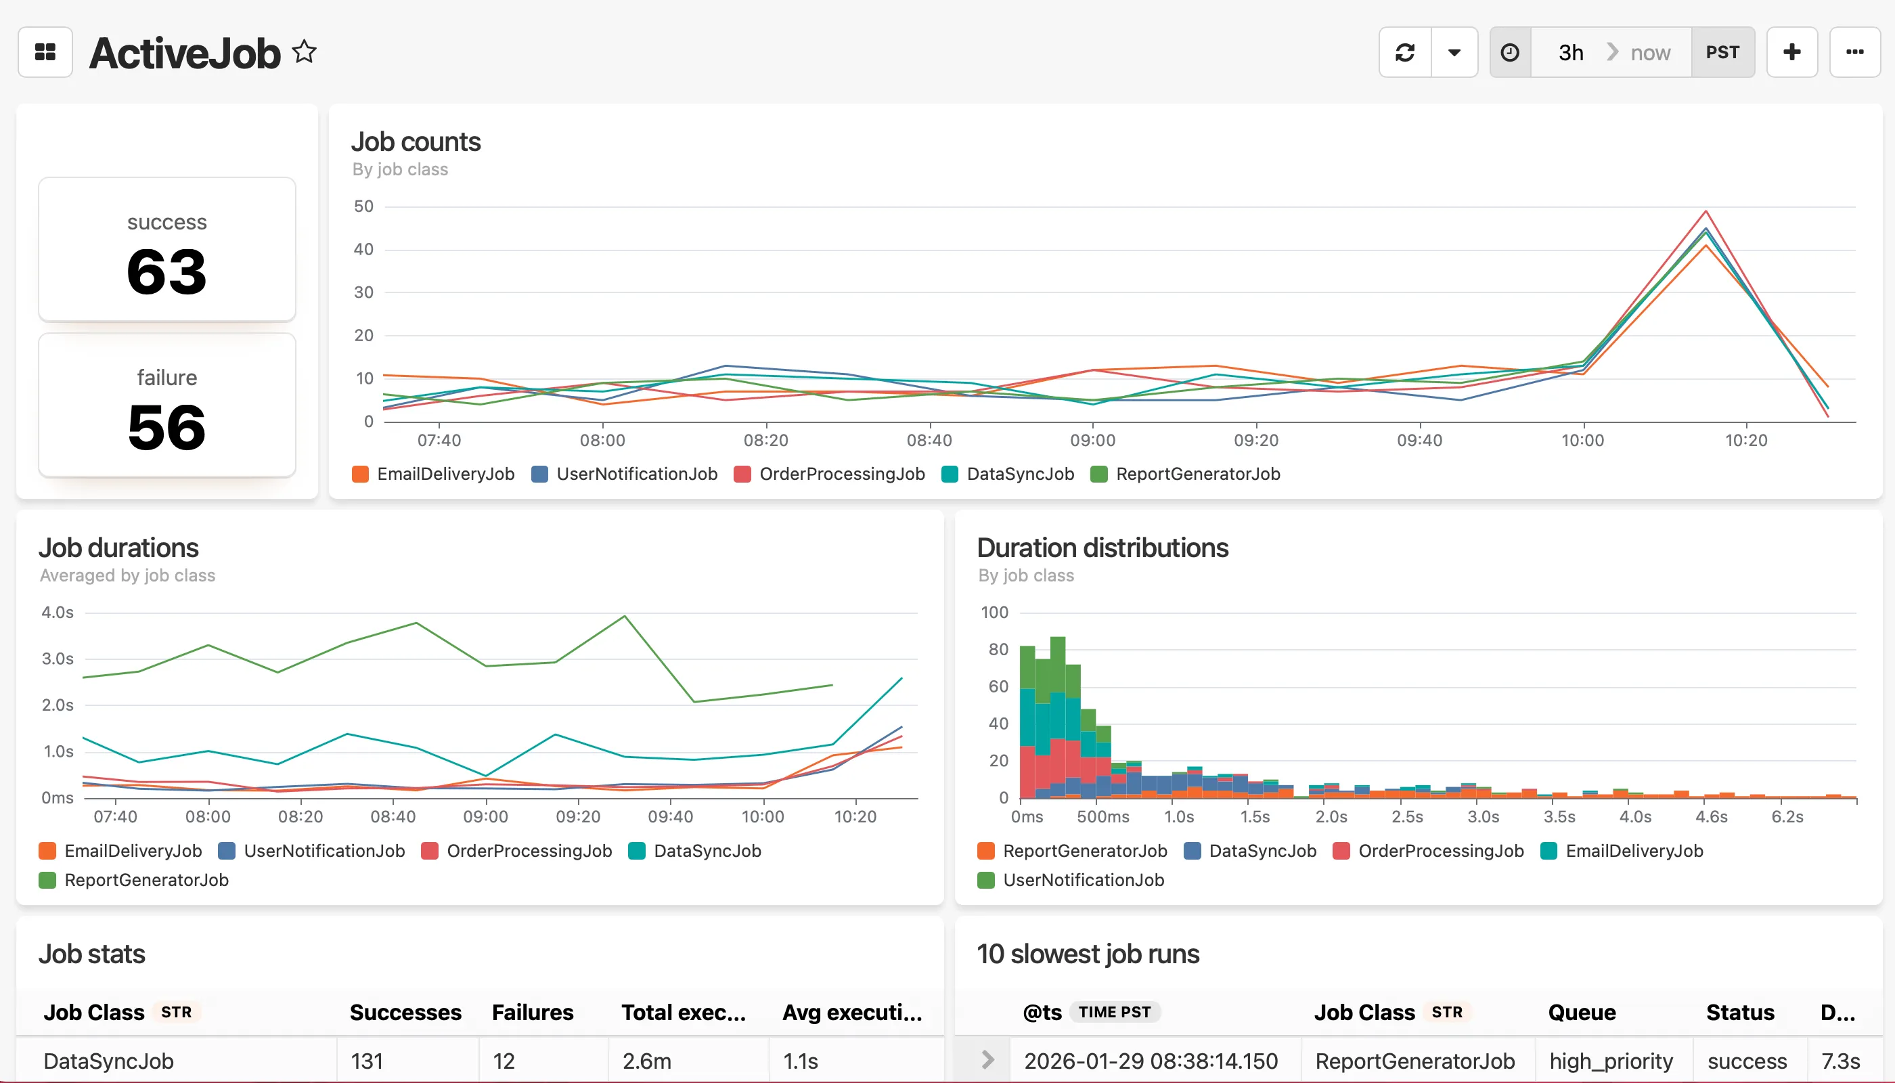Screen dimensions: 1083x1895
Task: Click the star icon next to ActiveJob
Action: pyautogui.click(x=303, y=52)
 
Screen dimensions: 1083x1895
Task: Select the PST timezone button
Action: pyautogui.click(x=1722, y=52)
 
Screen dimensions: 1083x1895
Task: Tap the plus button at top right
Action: pyautogui.click(x=1791, y=52)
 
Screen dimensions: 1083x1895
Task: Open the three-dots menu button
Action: pyautogui.click(x=1854, y=52)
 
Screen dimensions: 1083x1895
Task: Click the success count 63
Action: pyautogui.click(x=166, y=272)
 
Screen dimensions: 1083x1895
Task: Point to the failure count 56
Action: pyautogui.click(x=166, y=428)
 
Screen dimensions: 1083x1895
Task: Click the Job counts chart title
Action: pyautogui.click(x=416, y=141)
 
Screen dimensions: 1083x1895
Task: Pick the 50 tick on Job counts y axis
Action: pyautogui.click(x=363, y=206)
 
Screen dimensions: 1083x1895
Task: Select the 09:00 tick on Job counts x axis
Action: pyautogui.click(x=1092, y=441)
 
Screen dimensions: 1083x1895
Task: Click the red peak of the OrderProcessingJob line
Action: pyautogui.click(x=1705, y=212)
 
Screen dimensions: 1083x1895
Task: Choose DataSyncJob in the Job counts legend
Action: pyautogui.click(x=1020, y=474)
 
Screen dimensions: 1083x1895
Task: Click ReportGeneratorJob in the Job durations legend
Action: pyautogui.click(x=146, y=880)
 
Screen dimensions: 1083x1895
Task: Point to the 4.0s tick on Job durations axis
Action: pyautogui.click(x=58, y=612)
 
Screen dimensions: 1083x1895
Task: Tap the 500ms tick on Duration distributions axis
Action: pyautogui.click(x=1103, y=817)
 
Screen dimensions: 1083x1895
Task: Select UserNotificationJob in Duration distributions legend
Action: pyautogui.click(x=1083, y=880)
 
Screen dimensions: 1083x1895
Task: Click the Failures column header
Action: pyautogui.click(x=533, y=1013)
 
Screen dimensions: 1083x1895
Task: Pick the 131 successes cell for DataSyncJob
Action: pyautogui.click(x=367, y=1061)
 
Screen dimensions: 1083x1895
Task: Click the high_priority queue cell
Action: pyautogui.click(x=1611, y=1061)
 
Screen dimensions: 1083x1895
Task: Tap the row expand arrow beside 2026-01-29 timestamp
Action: pyautogui.click(x=987, y=1060)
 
